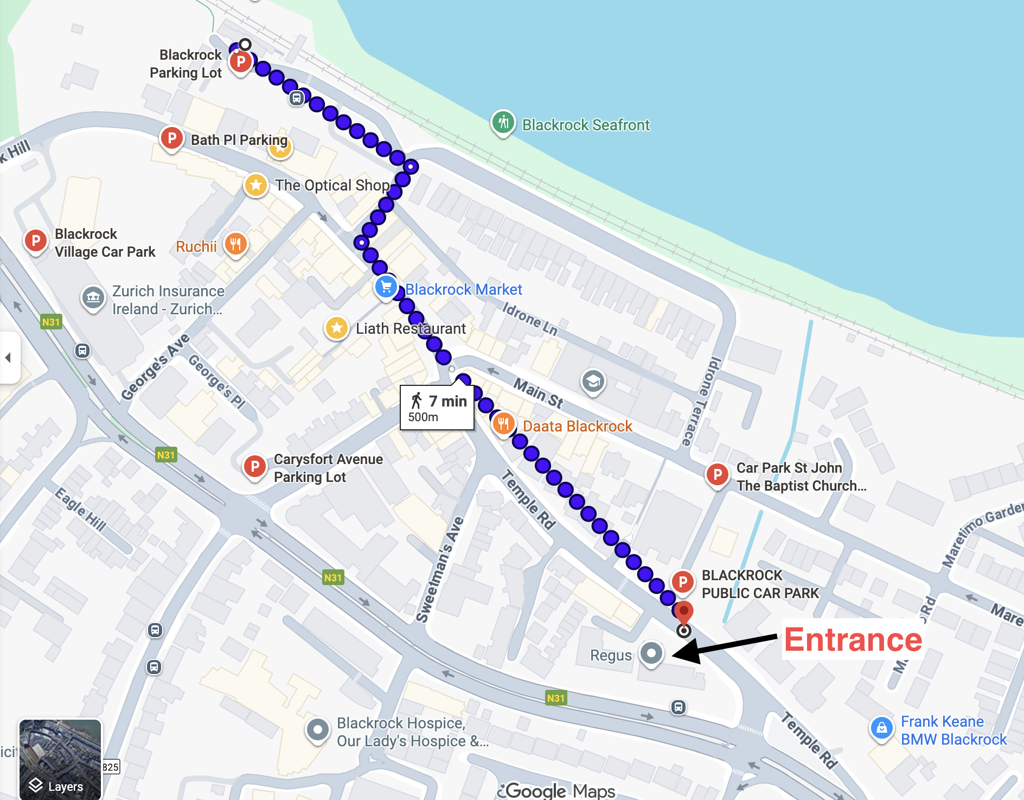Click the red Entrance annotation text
(853, 640)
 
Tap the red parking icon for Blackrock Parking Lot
(240, 62)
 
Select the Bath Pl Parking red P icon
(171, 138)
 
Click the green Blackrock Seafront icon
(503, 122)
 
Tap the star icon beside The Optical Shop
(255, 185)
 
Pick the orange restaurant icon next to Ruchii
(235, 245)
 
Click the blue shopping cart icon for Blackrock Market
(386, 287)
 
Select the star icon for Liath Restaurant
(336, 327)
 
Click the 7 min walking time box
(437, 408)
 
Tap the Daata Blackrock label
(577, 426)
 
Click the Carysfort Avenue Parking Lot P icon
(254, 466)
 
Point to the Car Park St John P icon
(717, 475)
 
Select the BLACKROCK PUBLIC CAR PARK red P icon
(682, 582)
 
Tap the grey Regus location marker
(651, 653)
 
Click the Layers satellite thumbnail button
(60, 759)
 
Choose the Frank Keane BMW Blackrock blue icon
(881, 728)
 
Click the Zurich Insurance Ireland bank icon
(93, 297)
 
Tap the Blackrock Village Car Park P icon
(36, 240)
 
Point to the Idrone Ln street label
(529, 319)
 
